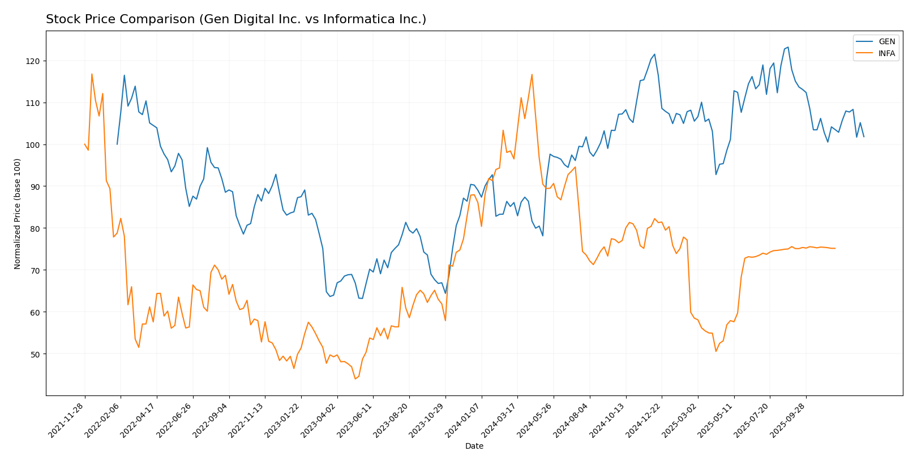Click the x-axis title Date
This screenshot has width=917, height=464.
[474, 446]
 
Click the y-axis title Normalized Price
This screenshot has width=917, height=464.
[18, 214]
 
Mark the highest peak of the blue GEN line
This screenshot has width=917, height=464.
[788, 47]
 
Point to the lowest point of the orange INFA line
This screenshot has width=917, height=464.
[355, 378]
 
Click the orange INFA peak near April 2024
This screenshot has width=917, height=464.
[532, 74]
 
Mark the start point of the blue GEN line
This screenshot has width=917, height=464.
[117, 144]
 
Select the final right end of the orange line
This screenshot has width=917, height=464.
[835, 248]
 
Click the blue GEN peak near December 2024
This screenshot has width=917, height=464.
[654, 54]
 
